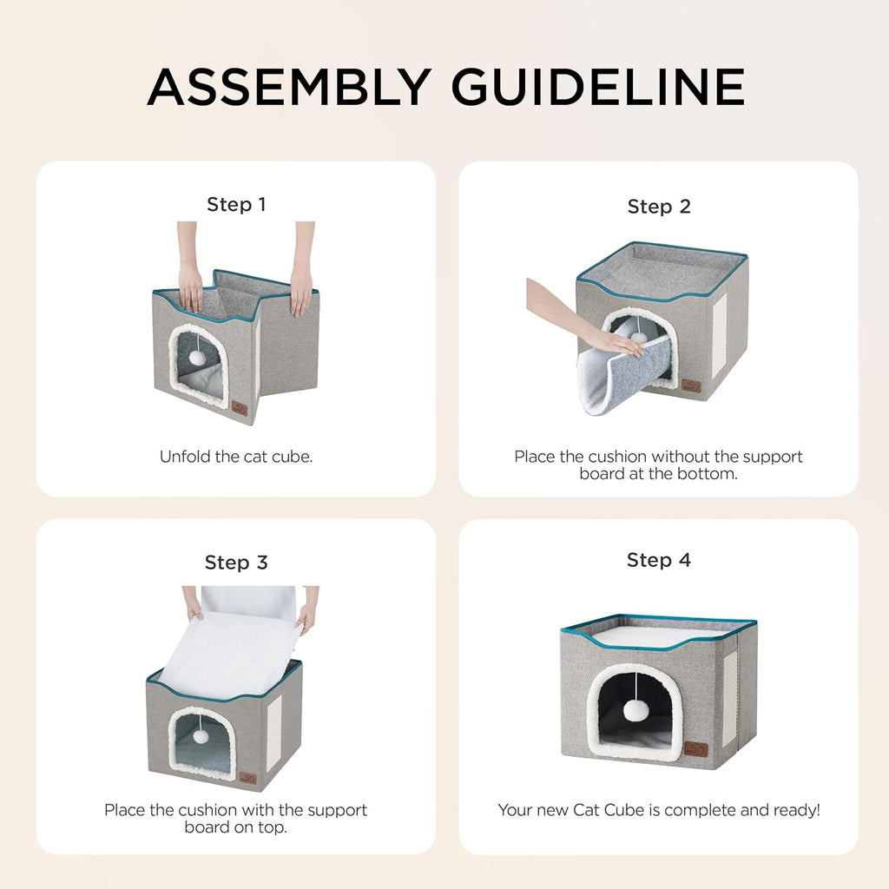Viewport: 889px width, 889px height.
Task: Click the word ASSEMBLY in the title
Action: coord(288,86)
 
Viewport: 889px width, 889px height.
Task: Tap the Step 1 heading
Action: coord(236,205)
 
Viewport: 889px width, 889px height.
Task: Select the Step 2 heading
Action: coord(659,207)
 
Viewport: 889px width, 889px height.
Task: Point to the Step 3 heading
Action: coord(236,563)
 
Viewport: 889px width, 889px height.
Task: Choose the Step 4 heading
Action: coord(659,560)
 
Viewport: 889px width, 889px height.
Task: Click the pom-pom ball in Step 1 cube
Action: coord(198,358)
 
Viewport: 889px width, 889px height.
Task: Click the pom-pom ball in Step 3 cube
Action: coord(201,735)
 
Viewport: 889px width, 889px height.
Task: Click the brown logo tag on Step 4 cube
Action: coord(695,748)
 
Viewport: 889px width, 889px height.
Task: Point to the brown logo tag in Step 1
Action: coord(238,409)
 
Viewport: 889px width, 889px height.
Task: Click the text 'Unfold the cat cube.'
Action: coord(236,456)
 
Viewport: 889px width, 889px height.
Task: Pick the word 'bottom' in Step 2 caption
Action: coord(709,473)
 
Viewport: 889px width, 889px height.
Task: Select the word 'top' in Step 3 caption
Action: coord(273,827)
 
